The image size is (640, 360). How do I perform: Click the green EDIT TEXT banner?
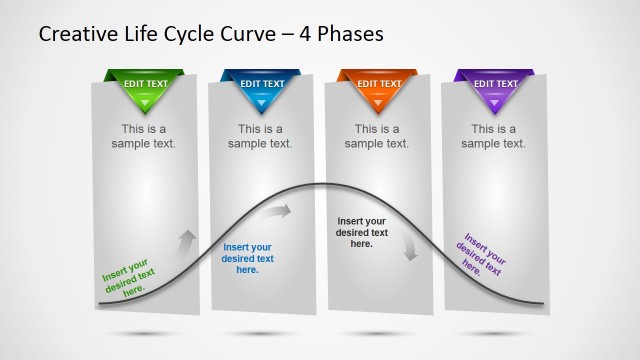tap(144, 84)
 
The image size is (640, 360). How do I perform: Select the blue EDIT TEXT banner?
tap(260, 84)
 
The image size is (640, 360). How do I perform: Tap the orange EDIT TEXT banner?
tap(378, 84)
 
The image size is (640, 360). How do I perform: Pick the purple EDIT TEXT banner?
tap(494, 84)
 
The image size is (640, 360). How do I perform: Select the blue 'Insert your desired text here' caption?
tap(247, 258)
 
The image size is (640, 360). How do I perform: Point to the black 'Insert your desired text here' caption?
tap(362, 232)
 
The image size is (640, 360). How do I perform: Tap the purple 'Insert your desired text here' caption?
tap(481, 254)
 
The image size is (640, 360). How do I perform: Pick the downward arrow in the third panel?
tap(409, 249)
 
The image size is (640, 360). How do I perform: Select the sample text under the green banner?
tap(144, 136)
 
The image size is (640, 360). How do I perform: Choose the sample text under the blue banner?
tap(260, 136)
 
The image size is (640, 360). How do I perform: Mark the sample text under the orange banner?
tap(377, 136)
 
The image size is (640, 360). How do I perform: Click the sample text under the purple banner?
tap(494, 136)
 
